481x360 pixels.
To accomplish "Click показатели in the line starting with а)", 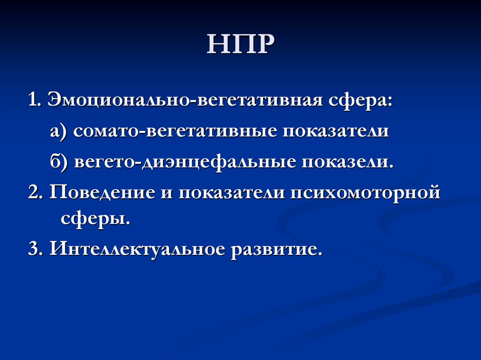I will coord(335,132).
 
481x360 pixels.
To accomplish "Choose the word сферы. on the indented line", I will coord(94,219).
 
